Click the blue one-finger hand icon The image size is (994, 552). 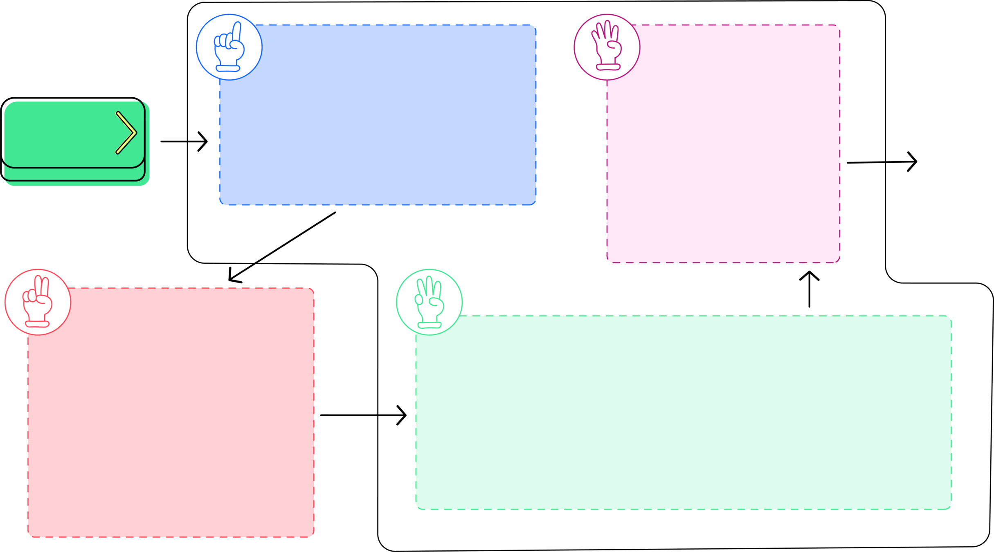tap(229, 47)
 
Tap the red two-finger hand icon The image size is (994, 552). tap(38, 302)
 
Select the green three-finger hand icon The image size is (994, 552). tap(429, 302)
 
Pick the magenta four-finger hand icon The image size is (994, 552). tap(607, 47)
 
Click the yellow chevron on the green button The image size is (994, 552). tap(126, 133)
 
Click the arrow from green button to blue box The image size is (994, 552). tap(184, 141)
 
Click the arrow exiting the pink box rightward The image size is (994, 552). tap(882, 162)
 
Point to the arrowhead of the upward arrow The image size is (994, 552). tap(810, 273)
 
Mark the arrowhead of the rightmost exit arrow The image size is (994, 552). tap(915, 162)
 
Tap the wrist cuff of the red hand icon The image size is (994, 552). tap(37, 324)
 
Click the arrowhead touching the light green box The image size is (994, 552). tap(405, 415)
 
